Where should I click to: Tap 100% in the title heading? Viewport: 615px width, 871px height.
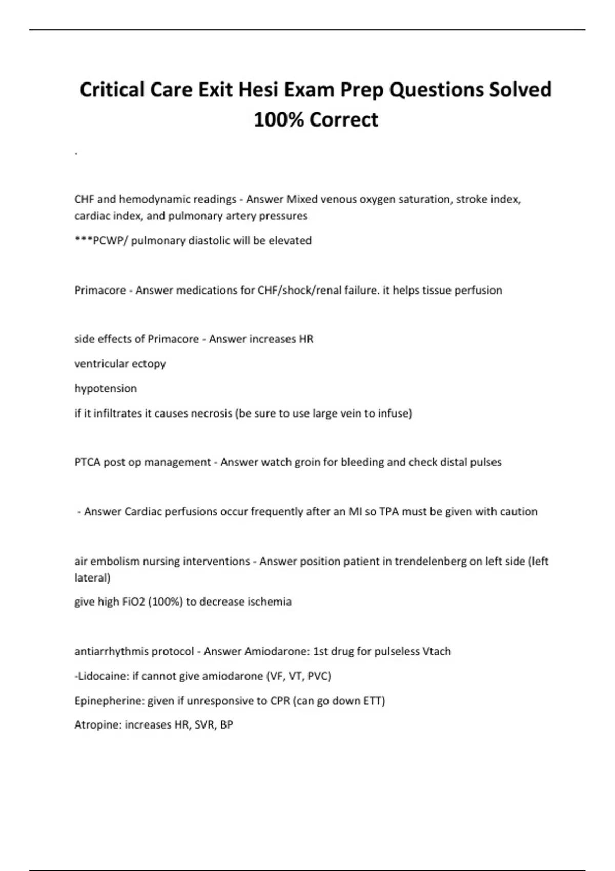279,120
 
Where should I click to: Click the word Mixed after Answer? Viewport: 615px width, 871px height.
302,199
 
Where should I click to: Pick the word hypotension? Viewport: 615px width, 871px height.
106,388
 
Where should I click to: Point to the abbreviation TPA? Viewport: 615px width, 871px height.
389,512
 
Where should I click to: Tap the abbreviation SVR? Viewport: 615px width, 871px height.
204,725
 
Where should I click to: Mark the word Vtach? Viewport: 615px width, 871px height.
437,651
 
